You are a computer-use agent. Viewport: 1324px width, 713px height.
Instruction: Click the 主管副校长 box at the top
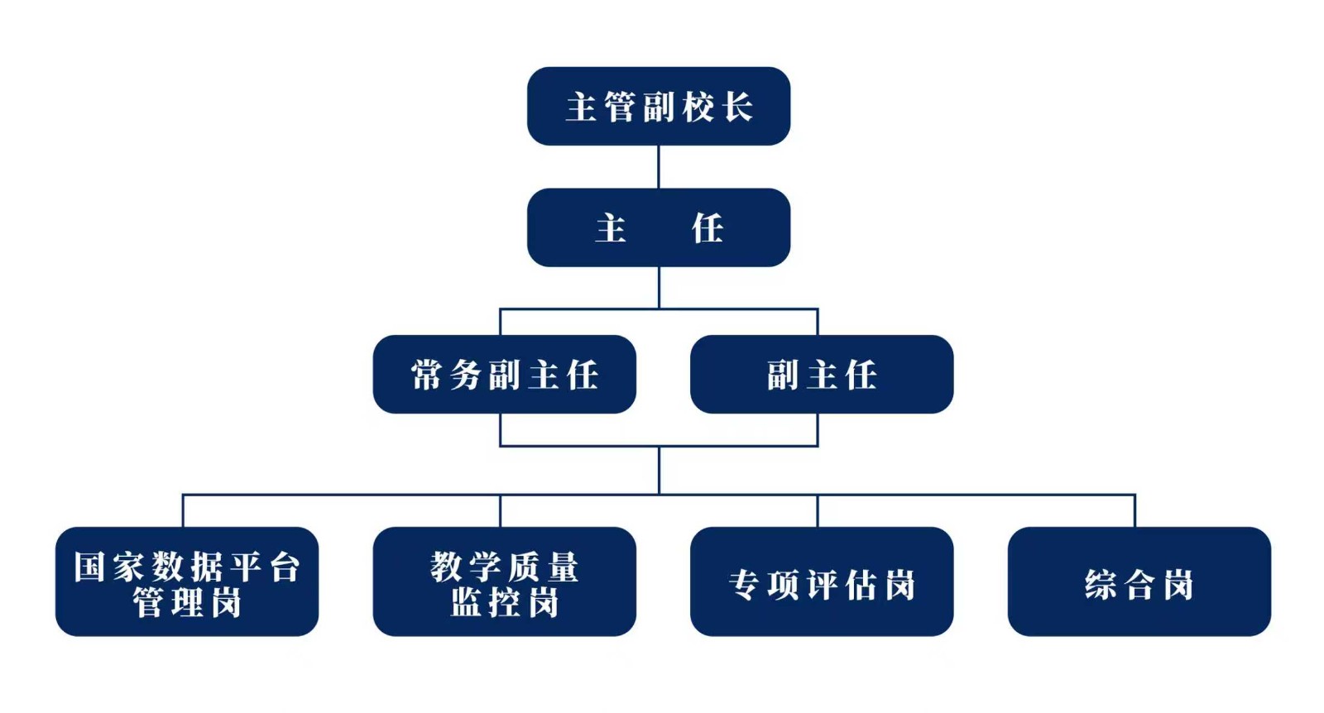tap(658, 107)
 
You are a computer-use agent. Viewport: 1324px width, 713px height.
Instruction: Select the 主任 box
tap(658, 227)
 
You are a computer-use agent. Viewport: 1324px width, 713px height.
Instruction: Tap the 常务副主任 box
tap(504, 375)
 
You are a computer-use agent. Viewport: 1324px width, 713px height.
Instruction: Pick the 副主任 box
tap(821, 375)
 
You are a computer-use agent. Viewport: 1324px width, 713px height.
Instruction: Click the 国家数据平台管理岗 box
tap(187, 581)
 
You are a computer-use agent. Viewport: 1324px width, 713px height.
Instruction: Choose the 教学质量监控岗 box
tap(504, 581)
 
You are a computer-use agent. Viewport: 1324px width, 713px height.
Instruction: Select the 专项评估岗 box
tap(821, 581)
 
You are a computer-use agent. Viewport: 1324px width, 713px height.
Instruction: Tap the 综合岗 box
tap(1139, 581)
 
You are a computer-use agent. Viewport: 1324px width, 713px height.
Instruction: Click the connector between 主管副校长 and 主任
tap(659, 167)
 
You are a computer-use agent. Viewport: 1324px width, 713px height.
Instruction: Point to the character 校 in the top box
tap(698, 108)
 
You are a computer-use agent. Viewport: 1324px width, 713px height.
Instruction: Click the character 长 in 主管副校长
tap(736, 108)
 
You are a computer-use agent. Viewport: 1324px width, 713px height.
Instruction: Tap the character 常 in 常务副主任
tap(427, 376)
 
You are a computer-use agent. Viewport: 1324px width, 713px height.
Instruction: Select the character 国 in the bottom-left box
tap(89, 567)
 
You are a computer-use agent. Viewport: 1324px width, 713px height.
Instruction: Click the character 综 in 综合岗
tap(1101, 585)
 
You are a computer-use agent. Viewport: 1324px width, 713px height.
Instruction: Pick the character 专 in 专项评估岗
tap(744, 585)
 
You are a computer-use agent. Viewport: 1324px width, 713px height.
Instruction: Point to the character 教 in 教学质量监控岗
tap(446, 567)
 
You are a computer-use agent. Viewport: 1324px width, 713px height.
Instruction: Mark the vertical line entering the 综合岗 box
tap(1135, 511)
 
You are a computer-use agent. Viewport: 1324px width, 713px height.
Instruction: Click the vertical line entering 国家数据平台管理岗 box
tap(183, 511)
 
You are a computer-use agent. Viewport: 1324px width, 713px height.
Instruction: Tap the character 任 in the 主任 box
tap(708, 228)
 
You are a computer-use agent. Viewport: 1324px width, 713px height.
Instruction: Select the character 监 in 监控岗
tap(466, 603)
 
